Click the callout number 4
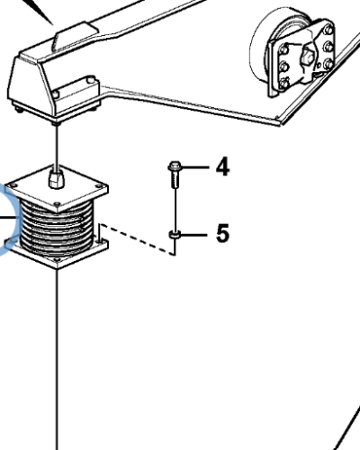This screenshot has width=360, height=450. (x=221, y=167)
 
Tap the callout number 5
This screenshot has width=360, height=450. (x=221, y=235)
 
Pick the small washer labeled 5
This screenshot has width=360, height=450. (x=175, y=235)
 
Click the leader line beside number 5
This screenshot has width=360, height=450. (x=198, y=235)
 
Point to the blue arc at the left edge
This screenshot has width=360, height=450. (x=7, y=225)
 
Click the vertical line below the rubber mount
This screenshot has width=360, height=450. (x=58, y=360)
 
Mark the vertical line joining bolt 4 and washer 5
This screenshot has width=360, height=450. (x=175, y=209)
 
